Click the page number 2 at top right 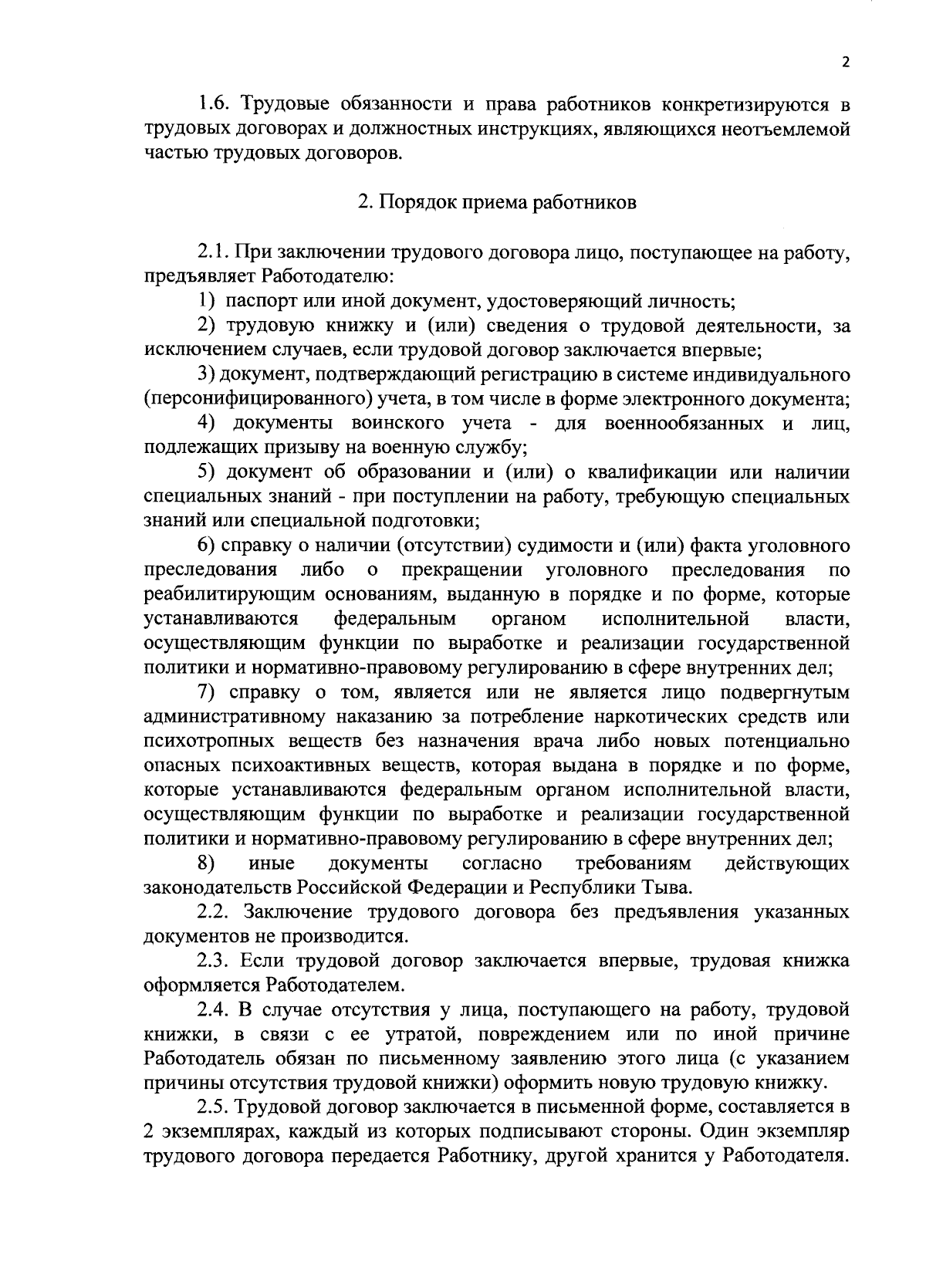point(845,63)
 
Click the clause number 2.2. point(214,911)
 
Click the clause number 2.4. point(214,1009)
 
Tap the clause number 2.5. point(214,1107)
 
